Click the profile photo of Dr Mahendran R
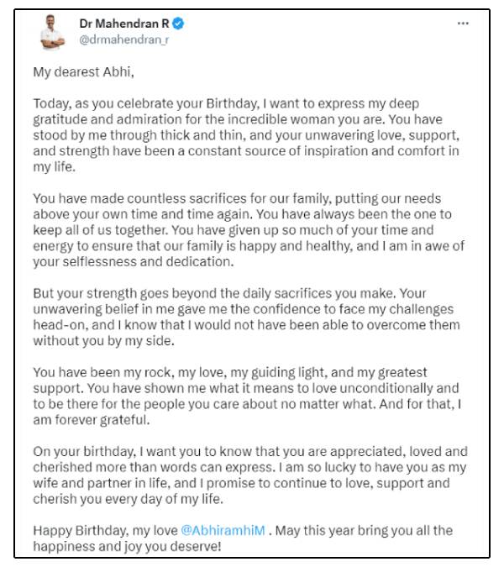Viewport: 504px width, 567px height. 54,33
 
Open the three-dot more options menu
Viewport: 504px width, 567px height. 463,24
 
